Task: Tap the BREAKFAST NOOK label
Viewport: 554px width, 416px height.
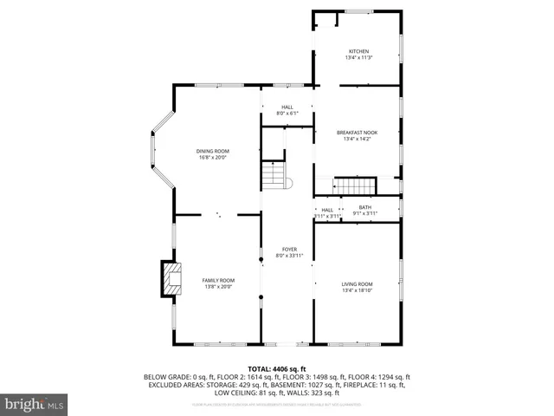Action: pos(358,132)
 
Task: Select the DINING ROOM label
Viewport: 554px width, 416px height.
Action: pos(212,152)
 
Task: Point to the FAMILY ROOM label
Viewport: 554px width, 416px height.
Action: pos(218,281)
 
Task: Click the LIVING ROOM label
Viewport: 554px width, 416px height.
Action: pos(358,284)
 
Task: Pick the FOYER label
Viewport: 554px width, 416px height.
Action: pos(289,250)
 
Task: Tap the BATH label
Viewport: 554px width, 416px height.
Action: pos(365,207)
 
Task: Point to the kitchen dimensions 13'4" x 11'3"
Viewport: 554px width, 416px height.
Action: pos(358,58)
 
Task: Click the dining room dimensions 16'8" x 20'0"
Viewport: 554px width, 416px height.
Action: pos(212,158)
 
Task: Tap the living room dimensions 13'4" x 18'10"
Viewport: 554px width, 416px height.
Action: pos(358,290)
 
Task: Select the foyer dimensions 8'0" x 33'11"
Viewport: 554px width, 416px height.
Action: pos(289,256)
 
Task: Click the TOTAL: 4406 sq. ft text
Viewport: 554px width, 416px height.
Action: pos(277,368)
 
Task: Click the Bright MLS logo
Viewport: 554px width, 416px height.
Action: pos(34,404)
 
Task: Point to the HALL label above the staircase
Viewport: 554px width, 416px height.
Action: pos(287,107)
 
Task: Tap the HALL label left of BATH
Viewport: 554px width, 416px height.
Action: pos(327,210)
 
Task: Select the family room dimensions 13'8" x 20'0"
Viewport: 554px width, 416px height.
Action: pos(218,287)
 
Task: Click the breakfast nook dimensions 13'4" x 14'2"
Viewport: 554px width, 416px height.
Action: pos(358,138)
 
